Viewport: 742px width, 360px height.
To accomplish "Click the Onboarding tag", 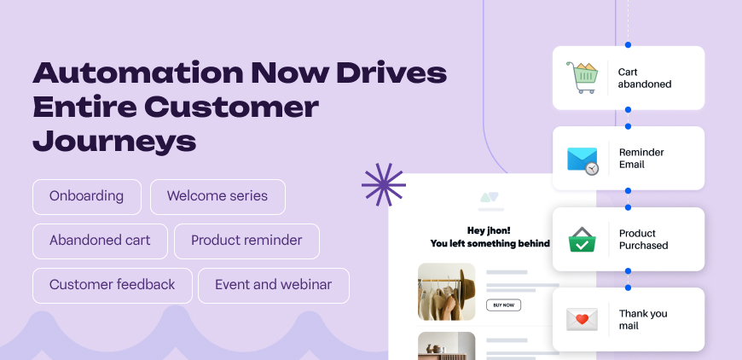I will click(x=86, y=196).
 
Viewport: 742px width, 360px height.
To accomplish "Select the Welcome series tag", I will click(x=217, y=196).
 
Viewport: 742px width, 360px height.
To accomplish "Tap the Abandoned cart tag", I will click(x=100, y=241).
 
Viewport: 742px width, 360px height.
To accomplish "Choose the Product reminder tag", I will click(x=246, y=241).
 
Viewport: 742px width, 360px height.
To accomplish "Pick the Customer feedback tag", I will click(x=112, y=285).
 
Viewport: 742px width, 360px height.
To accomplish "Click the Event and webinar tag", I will click(x=273, y=285).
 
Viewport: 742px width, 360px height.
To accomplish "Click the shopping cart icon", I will click(x=583, y=78).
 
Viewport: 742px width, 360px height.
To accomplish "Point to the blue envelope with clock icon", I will click(x=583, y=159).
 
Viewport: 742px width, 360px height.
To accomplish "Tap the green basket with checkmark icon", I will click(x=583, y=239).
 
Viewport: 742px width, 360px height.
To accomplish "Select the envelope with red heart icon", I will click(x=583, y=319).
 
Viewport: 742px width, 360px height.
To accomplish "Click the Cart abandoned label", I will click(x=645, y=78).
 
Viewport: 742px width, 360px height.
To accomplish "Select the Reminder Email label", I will click(x=642, y=159).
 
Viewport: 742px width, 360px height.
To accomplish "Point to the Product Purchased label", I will click(x=644, y=239).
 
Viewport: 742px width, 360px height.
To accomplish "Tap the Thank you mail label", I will click(x=643, y=319).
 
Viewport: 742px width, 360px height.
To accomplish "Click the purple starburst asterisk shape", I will click(x=383, y=184).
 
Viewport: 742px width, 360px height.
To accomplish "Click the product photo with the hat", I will click(x=446, y=291).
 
